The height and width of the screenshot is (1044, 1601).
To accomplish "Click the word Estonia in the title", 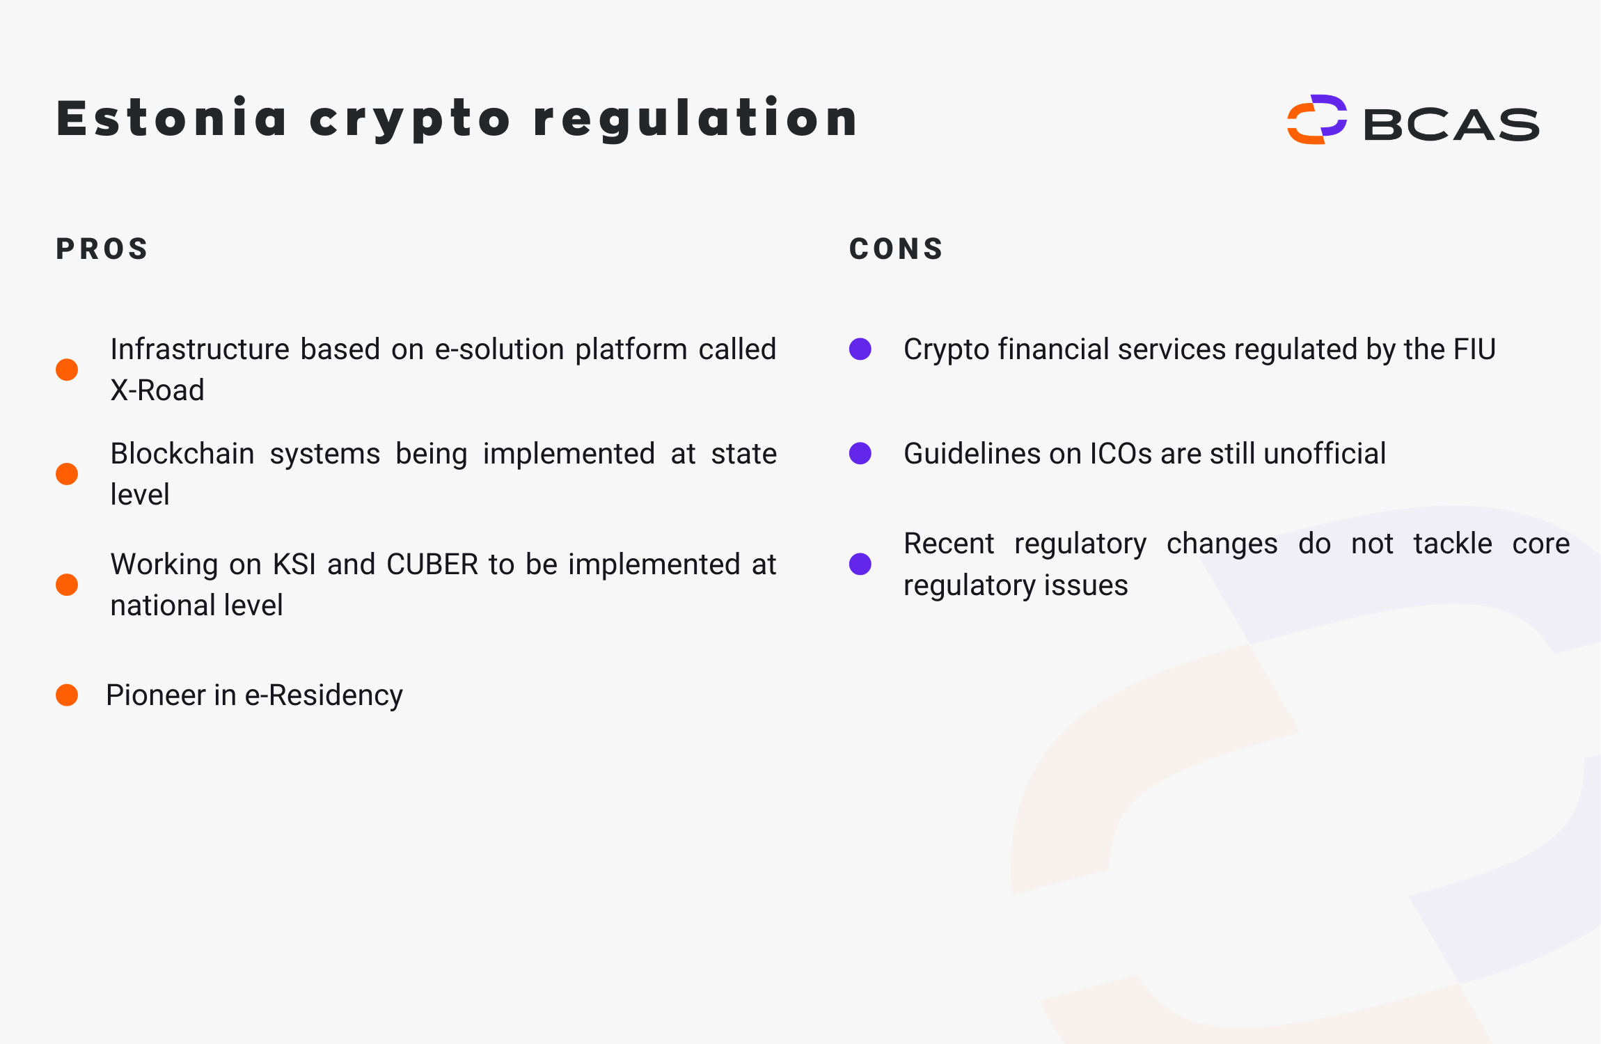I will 171,118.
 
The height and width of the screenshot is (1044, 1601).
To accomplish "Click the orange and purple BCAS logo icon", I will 1316,119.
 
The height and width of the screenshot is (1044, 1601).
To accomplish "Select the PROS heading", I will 102,249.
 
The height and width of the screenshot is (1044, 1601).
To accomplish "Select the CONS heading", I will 896,249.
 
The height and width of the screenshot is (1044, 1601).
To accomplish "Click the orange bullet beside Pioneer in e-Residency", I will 67,695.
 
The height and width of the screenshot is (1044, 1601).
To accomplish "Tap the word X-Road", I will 157,390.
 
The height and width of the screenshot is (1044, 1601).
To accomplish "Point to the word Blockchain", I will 182,454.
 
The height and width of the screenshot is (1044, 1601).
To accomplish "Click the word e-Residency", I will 324,695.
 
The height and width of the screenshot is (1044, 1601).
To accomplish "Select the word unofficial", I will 1325,454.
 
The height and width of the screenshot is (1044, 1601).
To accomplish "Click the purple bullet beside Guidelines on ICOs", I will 860,453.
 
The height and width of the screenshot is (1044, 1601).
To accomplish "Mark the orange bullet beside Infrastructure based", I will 67,370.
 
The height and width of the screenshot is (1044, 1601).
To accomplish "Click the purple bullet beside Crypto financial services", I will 860,349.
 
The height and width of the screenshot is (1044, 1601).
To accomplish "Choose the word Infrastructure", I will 200,349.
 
